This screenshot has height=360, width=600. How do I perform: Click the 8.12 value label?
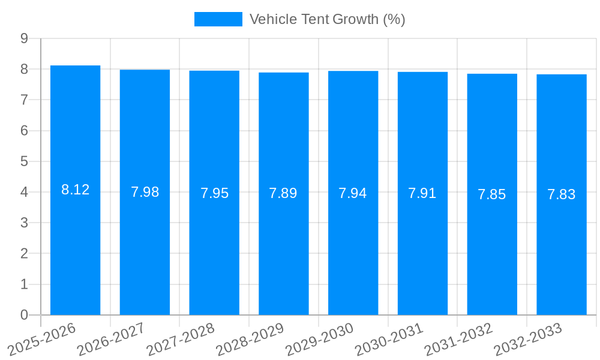pyautogui.click(x=75, y=190)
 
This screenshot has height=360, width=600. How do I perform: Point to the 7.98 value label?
pyautogui.click(x=145, y=193)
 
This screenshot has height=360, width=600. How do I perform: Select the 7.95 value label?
pyautogui.click(x=214, y=193)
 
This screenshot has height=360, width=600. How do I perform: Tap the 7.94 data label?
pyautogui.click(x=353, y=193)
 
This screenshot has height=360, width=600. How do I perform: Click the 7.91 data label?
pyautogui.click(x=422, y=193)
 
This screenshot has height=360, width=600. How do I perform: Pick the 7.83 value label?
pyautogui.click(x=562, y=194)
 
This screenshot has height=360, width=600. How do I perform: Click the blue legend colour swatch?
pyautogui.click(x=218, y=19)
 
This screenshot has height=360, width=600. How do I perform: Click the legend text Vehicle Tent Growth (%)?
pyautogui.click(x=327, y=19)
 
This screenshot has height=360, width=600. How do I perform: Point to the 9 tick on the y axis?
pyautogui.click(x=24, y=38)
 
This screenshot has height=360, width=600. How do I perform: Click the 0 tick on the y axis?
pyautogui.click(x=24, y=315)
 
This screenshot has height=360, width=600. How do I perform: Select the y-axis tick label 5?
pyautogui.click(x=24, y=161)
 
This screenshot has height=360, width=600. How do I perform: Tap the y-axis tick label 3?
pyautogui.click(x=24, y=223)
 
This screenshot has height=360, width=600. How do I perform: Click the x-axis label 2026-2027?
pyautogui.click(x=112, y=339)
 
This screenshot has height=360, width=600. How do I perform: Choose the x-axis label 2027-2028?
pyautogui.click(x=181, y=339)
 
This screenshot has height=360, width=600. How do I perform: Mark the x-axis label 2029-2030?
pyautogui.click(x=320, y=339)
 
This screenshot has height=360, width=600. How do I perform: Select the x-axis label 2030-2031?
pyautogui.click(x=389, y=339)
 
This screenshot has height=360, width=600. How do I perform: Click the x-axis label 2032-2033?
pyautogui.click(x=528, y=339)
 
